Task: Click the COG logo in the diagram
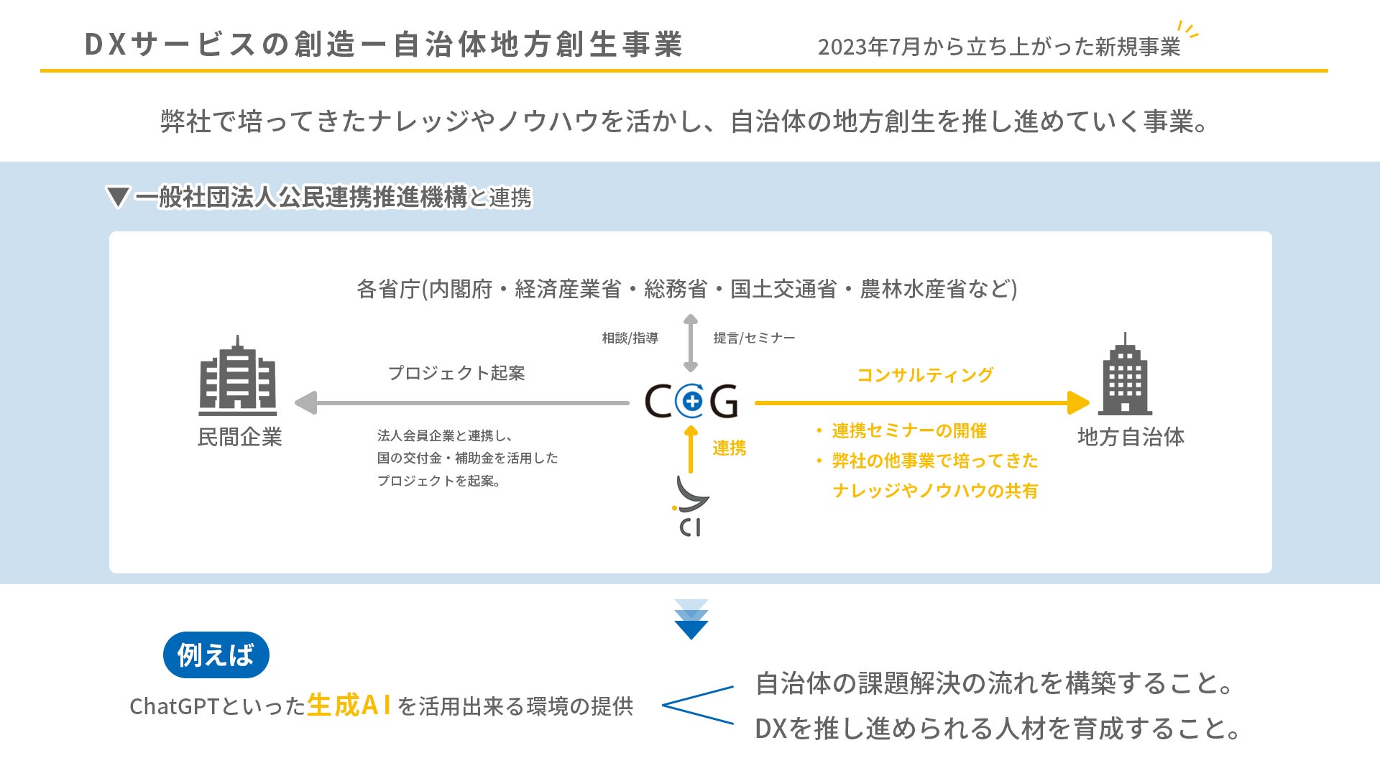click(691, 401)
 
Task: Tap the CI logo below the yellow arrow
click(691, 506)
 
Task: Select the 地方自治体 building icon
click(1126, 374)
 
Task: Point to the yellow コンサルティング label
click(925, 375)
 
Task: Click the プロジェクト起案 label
click(456, 373)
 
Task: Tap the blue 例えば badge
click(216, 655)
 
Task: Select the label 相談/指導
click(630, 338)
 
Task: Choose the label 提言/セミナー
click(754, 338)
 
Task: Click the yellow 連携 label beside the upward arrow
click(730, 448)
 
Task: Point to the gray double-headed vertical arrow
click(691, 343)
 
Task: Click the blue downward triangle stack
click(691, 619)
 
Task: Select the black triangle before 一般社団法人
click(117, 197)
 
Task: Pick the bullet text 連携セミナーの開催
click(909, 430)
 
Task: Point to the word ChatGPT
click(173, 706)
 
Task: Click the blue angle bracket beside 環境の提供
click(698, 705)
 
